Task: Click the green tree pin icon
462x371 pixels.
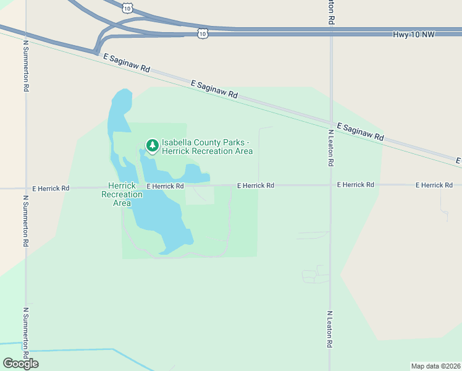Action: click(152, 146)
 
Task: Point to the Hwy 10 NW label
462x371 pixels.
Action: click(414, 34)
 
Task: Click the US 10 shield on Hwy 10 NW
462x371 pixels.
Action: click(203, 33)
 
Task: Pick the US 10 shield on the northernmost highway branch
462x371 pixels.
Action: click(127, 7)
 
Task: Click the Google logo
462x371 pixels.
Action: click(20, 364)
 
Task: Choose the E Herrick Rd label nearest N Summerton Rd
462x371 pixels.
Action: click(51, 187)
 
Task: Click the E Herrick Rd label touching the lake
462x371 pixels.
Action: click(165, 185)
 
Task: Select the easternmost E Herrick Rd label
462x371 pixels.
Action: click(434, 185)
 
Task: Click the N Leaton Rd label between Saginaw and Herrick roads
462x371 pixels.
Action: click(331, 148)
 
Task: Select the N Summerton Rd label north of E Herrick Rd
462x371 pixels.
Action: click(26, 66)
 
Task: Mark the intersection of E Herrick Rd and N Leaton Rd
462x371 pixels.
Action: click(331, 185)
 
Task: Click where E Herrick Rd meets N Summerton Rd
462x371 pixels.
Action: click(26, 187)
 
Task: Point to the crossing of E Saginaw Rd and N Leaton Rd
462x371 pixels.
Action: click(331, 122)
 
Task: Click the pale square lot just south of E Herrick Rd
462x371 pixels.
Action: click(200, 194)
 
